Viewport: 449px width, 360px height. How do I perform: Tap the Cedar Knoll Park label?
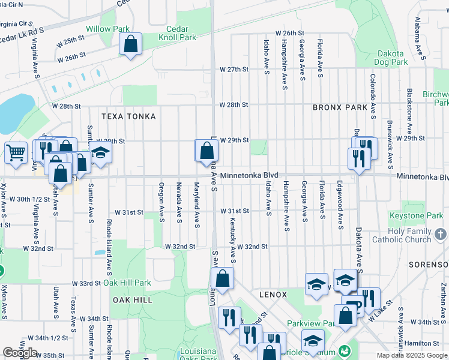(x=177, y=33)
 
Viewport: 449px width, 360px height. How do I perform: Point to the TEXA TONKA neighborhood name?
(x=128, y=116)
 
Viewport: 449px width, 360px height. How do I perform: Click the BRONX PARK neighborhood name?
(x=340, y=107)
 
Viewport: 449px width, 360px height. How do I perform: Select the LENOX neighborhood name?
(x=274, y=295)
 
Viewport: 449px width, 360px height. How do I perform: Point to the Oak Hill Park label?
(x=127, y=283)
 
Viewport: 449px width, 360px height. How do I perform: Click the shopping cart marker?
(x=16, y=152)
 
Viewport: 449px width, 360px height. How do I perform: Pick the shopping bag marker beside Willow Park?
(x=130, y=44)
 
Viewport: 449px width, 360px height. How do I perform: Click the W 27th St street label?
(x=234, y=70)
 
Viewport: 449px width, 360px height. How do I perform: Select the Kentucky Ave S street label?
(x=232, y=239)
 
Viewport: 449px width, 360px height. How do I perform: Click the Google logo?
(x=20, y=353)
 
